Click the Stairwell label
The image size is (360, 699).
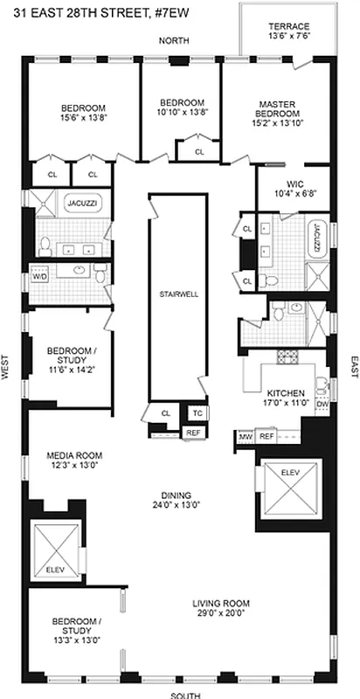pos(178,294)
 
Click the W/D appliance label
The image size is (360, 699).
pos(39,276)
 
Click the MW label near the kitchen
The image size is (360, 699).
pos(245,436)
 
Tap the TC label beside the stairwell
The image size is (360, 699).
pos(197,413)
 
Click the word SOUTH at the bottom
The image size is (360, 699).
pos(185,694)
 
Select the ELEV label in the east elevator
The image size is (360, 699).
pos(288,472)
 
